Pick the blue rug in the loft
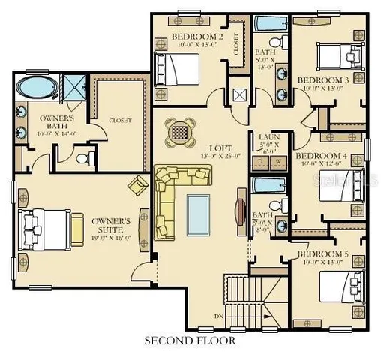pos(199,214)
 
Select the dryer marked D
pos(260,161)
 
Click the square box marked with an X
pos(239,95)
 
